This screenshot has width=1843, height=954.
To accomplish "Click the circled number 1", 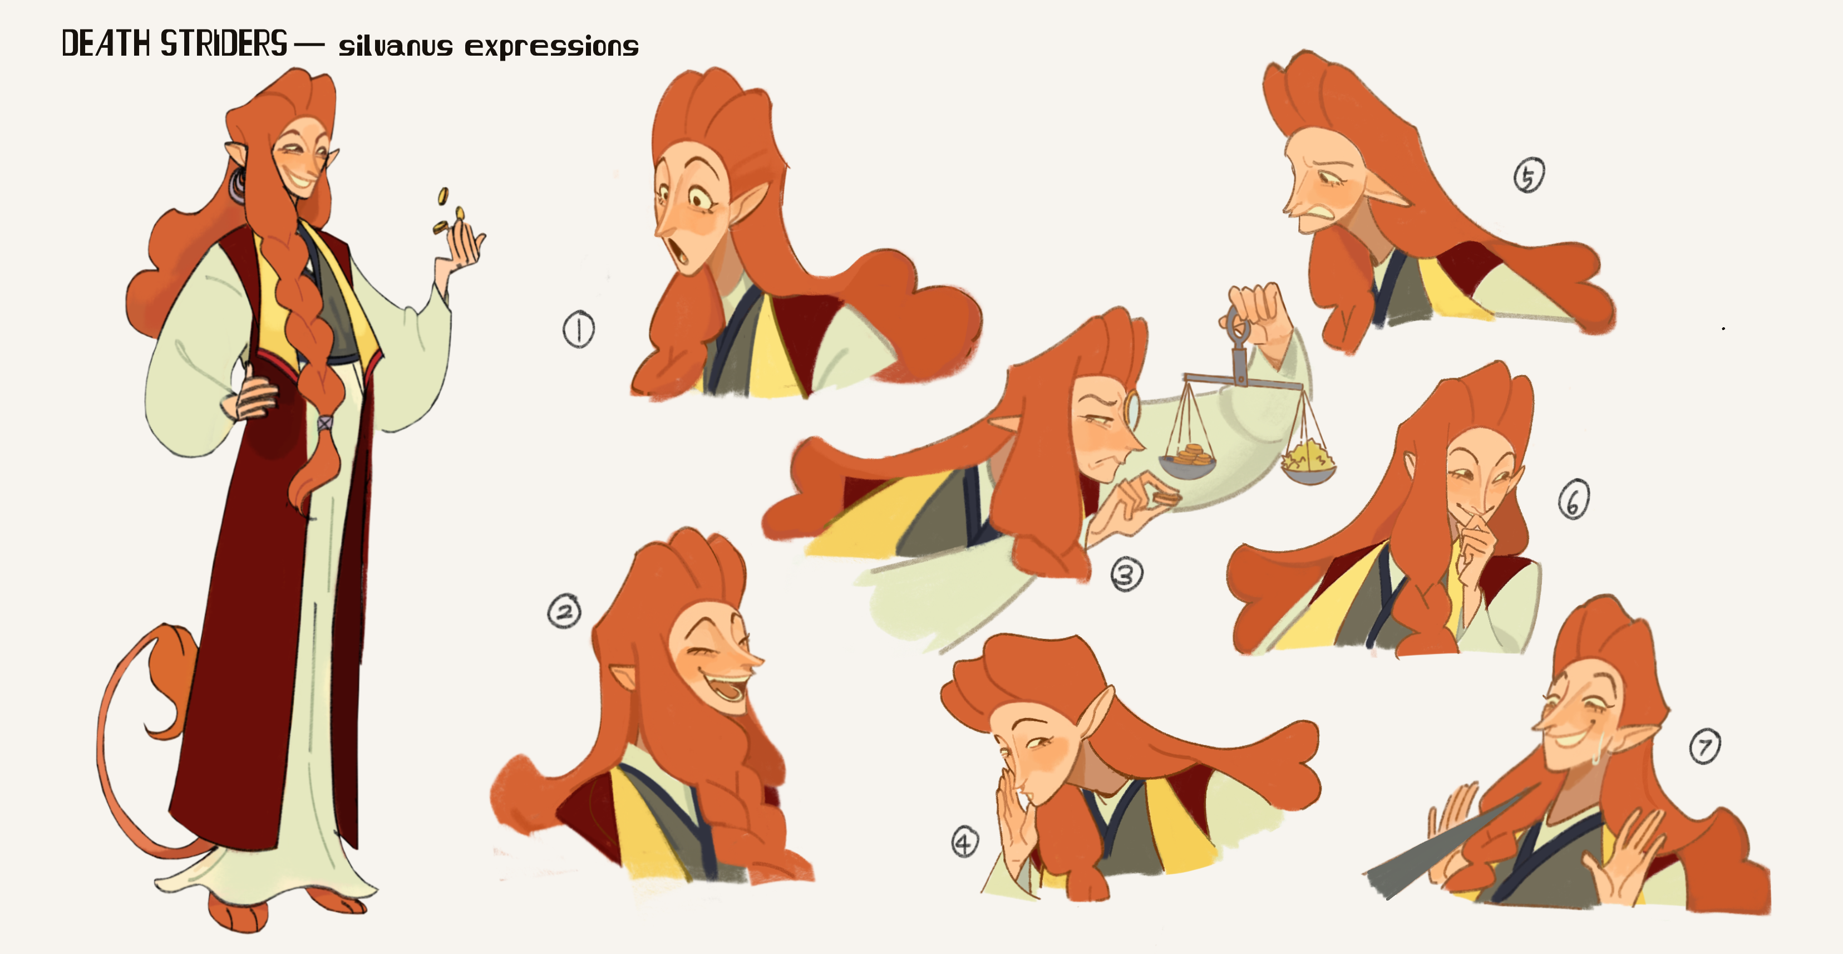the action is [x=578, y=329].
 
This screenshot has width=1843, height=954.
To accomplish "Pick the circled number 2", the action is [x=564, y=612].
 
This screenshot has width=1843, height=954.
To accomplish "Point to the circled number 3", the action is [x=1127, y=574].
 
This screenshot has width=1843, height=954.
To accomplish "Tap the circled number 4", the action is [x=964, y=842].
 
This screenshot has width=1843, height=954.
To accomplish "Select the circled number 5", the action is [x=1529, y=176].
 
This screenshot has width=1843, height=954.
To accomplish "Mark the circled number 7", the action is [x=1705, y=746].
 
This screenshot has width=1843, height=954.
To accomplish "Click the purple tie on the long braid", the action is [x=325, y=423].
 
